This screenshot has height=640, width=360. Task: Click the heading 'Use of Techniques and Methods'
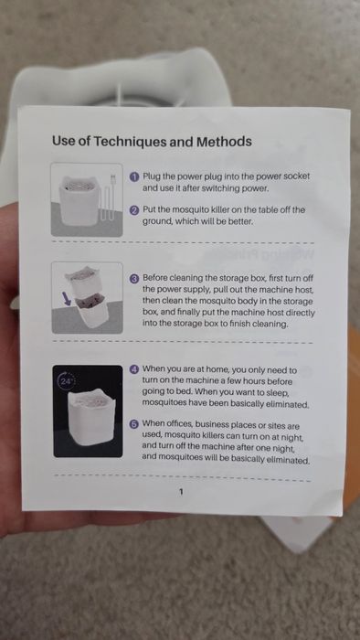(x=152, y=141)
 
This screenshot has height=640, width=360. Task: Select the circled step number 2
(x=133, y=209)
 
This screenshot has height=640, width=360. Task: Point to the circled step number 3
(x=133, y=277)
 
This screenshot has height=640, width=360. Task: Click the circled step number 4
(x=133, y=368)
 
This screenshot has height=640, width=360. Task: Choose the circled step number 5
(x=133, y=425)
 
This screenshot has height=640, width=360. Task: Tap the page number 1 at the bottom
(x=181, y=491)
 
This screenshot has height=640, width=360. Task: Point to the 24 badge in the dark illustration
(x=65, y=379)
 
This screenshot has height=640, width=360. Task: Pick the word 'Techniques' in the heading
(x=131, y=141)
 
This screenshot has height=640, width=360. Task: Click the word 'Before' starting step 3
(x=159, y=277)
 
